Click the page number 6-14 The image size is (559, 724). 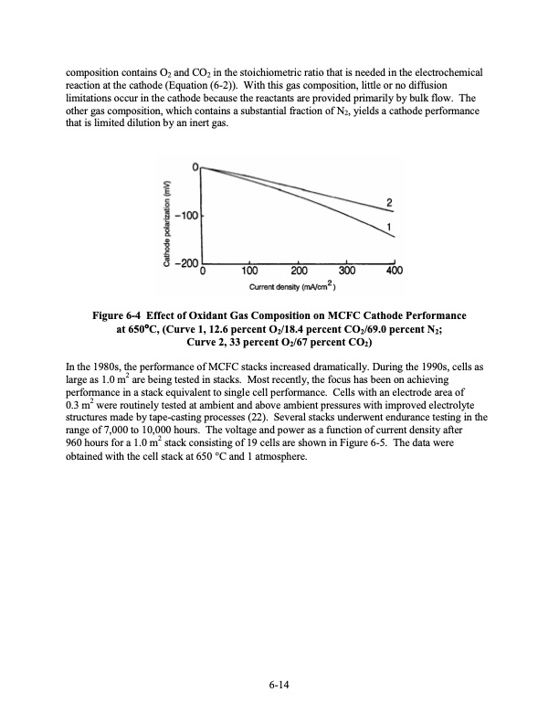tap(279, 682)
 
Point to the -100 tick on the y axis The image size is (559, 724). tap(186, 217)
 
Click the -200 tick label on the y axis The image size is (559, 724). tap(185, 264)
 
